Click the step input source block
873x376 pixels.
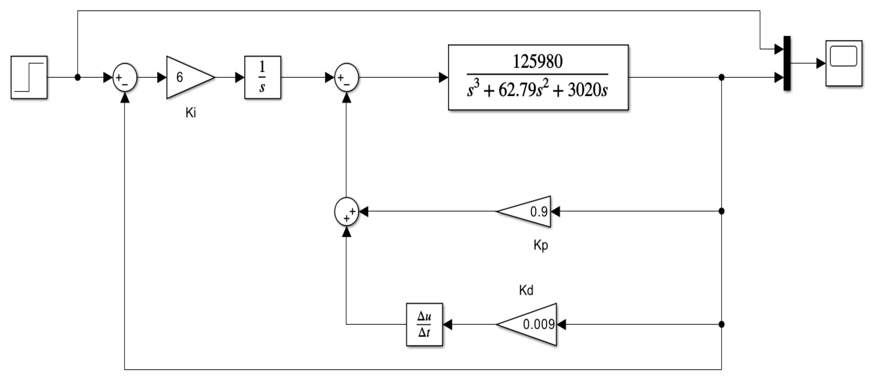pyautogui.click(x=29, y=77)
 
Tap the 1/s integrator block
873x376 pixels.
pyautogui.click(x=263, y=77)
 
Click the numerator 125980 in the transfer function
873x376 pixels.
pyautogui.click(x=537, y=61)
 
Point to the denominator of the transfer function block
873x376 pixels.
pyautogui.click(x=537, y=90)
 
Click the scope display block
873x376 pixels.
pyautogui.click(x=843, y=63)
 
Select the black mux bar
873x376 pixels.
pyautogui.click(x=787, y=63)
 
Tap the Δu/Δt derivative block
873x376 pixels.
pyautogui.click(x=424, y=324)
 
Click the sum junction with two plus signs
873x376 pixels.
pyautogui.click(x=346, y=212)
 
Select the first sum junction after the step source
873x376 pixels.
pyautogui.click(x=125, y=77)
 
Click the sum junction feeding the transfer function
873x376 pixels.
pyautogui.click(x=346, y=77)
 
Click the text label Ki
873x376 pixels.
pyautogui.click(x=190, y=113)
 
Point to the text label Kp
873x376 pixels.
pyautogui.click(x=540, y=245)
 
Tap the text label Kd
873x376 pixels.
pyautogui.click(x=526, y=291)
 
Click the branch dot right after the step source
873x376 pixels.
pyautogui.click(x=77, y=77)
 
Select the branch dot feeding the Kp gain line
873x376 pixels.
pyautogui.click(x=721, y=211)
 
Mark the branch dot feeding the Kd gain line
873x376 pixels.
pyautogui.click(x=721, y=324)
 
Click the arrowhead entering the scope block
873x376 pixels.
pyautogui.click(x=820, y=63)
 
